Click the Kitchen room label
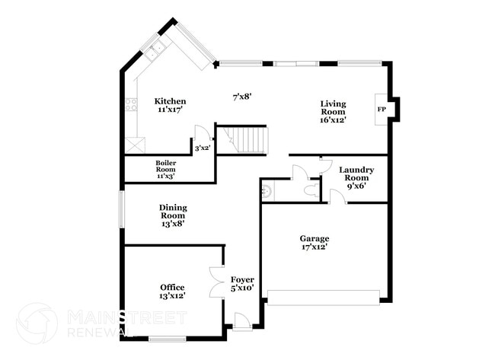tap(170, 101)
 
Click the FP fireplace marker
tap(382, 109)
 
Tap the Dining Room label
tap(173, 211)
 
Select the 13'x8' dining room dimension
tap(173, 224)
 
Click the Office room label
tap(172, 287)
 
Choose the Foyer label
tap(242, 279)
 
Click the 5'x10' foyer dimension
tap(242, 288)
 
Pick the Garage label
tap(314, 238)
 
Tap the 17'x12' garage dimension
tap(314, 247)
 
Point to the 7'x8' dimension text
tap(241, 97)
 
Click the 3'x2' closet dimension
tap(203, 148)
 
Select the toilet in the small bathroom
tap(266, 190)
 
